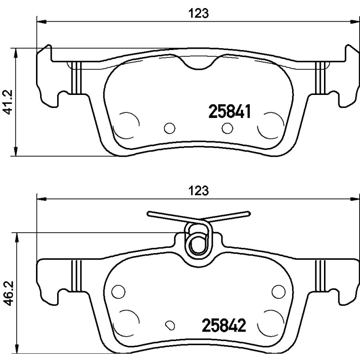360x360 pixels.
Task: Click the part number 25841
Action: point(229,111)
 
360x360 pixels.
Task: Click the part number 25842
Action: point(224,325)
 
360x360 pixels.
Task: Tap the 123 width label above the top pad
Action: point(198,13)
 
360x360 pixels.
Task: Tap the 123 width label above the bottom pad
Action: point(198,190)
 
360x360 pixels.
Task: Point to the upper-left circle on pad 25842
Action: point(118,292)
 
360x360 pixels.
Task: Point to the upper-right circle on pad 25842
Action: point(279,292)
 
